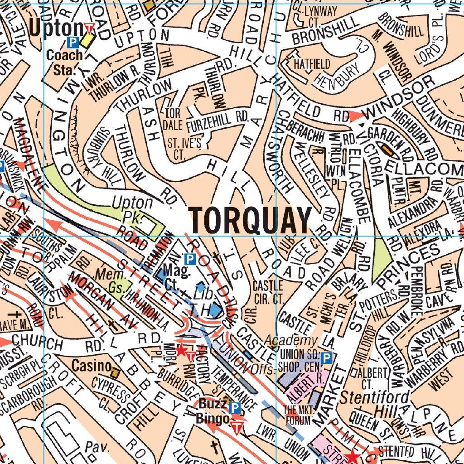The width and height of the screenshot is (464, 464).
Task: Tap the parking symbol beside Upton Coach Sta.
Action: (x=72, y=43)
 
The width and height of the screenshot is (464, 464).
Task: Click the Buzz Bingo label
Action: (x=212, y=411)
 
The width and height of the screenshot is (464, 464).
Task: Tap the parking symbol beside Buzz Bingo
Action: (x=235, y=408)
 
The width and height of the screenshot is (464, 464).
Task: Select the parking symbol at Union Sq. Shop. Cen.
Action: (x=328, y=358)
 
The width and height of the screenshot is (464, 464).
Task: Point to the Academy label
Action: (x=297, y=340)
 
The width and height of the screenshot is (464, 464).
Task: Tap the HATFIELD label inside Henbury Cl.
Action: (x=312, y=63)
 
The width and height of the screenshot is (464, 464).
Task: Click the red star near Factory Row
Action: (x=181, y=350)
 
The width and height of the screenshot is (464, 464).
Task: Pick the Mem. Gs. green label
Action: (x=111, y=280)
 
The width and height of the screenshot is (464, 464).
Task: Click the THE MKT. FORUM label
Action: (x=297, y=415)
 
